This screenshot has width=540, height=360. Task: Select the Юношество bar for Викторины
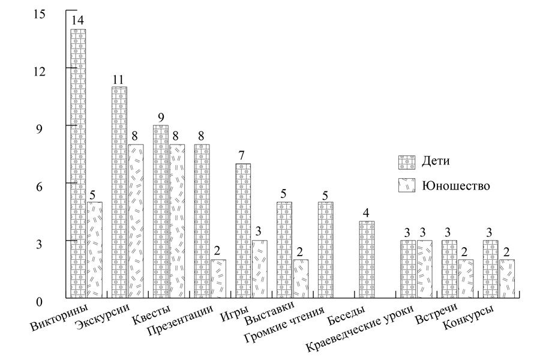click(x=95, y=250)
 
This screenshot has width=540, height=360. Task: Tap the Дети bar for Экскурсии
click(x=119, y=192)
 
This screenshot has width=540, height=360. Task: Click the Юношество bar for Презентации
click(x=218, y=278)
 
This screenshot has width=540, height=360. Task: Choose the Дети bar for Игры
click(x=243, y=230)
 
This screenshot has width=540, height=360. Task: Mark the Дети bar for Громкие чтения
click(x=326, y=250)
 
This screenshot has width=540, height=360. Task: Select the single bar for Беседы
click(x=367, y=259)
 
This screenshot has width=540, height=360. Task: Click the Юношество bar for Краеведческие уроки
click(x=425, y=269)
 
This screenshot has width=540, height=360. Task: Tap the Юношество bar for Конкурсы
click(x=507, y=278)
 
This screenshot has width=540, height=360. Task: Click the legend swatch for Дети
click(x=407, y=161)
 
